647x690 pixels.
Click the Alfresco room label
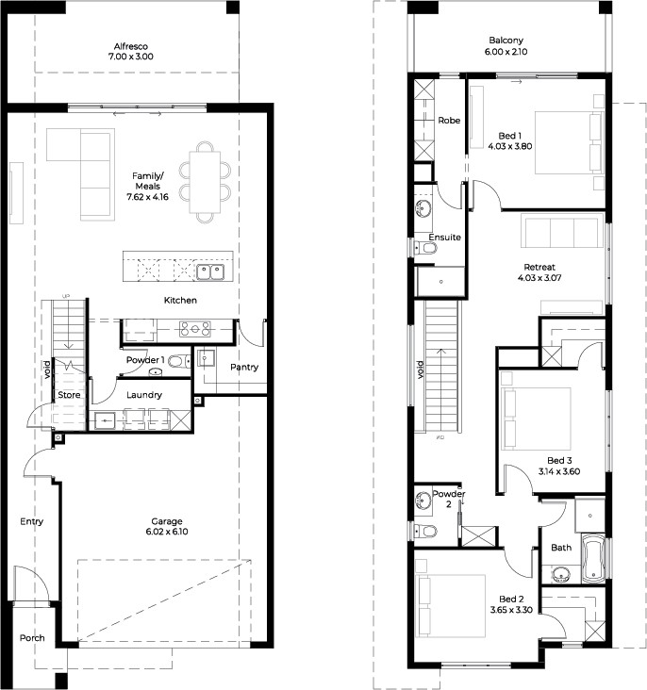[x=131, y=46]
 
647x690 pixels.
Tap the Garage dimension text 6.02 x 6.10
[x=167, y=532]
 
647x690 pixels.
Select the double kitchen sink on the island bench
[x=210, y=272]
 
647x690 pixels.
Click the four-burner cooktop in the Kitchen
[x=194, y=329]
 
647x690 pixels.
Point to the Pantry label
[x=244, y=367]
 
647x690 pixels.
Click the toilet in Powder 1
[x=180, y=362]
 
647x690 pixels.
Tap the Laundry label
[x=144, y=395]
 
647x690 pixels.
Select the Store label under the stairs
[x=69, y=395]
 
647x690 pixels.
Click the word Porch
[x=32, y=637]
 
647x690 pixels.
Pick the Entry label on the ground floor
[x=32, y=521]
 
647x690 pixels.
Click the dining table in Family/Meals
[x=205, y=182]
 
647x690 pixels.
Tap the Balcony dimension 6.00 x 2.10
[x=506, y=52]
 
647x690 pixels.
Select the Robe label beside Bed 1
[x=449, y=120]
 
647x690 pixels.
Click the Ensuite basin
[x=423, y=208]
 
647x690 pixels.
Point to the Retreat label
[x=539, y=267]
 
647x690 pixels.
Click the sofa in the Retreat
[x=562, y=231]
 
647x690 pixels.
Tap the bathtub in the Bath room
[x=593, y=559]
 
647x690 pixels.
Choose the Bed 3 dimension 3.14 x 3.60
[x=559, y=471]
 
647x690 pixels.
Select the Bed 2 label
[x=511, y=599]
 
